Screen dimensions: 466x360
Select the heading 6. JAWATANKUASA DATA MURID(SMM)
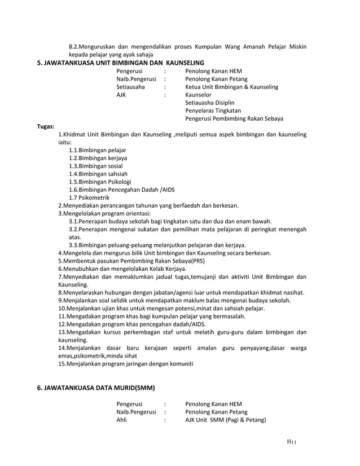(x=96, y=389)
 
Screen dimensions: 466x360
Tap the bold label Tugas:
(x=46, y=127)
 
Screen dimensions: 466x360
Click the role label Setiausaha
(x=130, y=87)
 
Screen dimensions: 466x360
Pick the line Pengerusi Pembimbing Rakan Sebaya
(x=234, y=119)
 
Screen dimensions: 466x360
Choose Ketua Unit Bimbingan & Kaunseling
(x=231, y=87)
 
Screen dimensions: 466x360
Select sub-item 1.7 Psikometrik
(x=89, y=198)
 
